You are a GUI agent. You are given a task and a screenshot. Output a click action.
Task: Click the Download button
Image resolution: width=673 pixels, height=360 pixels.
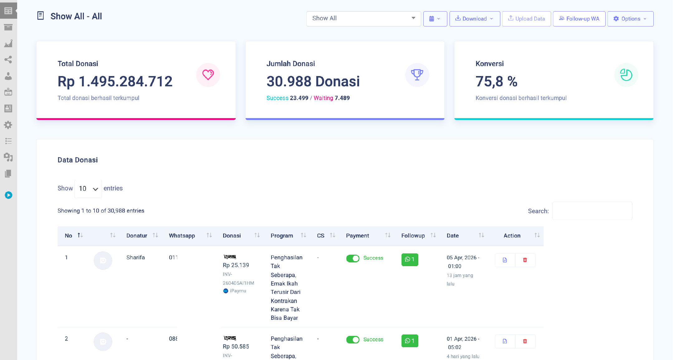click(x=474, y=19)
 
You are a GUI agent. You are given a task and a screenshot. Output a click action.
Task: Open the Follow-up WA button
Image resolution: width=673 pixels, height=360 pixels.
click(x=579, y=19)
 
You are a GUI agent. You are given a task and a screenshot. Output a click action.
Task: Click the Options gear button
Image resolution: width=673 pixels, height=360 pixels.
click(x=630, y=19)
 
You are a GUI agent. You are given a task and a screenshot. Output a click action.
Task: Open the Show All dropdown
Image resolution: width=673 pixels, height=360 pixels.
click(x=363, y=18)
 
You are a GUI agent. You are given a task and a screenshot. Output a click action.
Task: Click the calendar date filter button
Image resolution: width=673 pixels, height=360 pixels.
click(x=435, y=19)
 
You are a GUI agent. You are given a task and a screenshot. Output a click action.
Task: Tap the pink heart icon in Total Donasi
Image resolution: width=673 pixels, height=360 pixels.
click(x=208, y=75)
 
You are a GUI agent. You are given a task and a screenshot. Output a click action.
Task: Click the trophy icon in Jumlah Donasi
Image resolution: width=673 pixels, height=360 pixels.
click(x=417, y=75)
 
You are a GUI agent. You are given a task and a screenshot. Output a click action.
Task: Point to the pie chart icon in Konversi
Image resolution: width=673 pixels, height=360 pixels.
click(x=626, y=75)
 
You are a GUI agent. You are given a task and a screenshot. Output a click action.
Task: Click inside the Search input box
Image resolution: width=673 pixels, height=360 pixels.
click(x=592, y=211)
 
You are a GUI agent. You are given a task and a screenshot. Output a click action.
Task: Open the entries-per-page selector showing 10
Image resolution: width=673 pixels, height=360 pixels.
click(x=88, y=189)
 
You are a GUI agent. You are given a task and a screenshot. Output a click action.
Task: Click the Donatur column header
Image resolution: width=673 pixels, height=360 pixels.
click(x=137, y=236)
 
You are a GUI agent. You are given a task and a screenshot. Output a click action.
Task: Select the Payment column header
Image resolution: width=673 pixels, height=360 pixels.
click(x=358, y=236)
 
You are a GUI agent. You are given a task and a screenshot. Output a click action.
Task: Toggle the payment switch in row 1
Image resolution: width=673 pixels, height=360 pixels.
click(x=353, y=258)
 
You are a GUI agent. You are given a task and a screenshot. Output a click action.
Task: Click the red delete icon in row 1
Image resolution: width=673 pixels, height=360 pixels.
click(x=525, y=260)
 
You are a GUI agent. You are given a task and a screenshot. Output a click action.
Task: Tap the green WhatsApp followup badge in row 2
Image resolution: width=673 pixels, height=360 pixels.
click(x=410, y=341)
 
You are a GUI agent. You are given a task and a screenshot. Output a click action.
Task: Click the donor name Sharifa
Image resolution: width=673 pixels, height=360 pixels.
click(x=136, y=257)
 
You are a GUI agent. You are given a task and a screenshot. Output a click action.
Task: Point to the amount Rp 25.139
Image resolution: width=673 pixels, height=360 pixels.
click(x=236, y=265)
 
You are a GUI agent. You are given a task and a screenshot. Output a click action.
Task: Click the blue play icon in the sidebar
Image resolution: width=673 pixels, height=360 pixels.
click(x=8, y=195)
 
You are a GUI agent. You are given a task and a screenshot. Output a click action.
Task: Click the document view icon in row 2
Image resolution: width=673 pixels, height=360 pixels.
click(x=505, y=341)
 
